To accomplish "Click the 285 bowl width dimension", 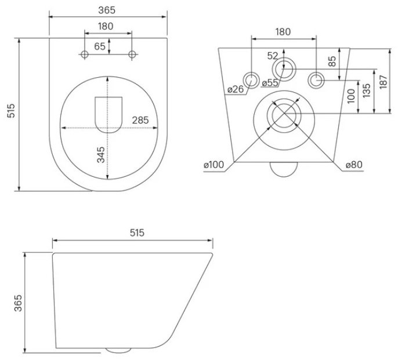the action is pos(140,120).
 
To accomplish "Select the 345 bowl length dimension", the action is pos(101,155).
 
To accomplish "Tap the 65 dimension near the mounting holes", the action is pos(100,46).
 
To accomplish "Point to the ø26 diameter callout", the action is pos(236,89).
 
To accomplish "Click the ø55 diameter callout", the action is pos(270,82).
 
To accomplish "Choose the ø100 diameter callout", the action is pos(214,165).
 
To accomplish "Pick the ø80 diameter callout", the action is pos(354,165).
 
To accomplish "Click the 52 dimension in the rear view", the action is pos(273,56).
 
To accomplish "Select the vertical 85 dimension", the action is pos(332,61).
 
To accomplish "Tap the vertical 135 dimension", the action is pos(366,90).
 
